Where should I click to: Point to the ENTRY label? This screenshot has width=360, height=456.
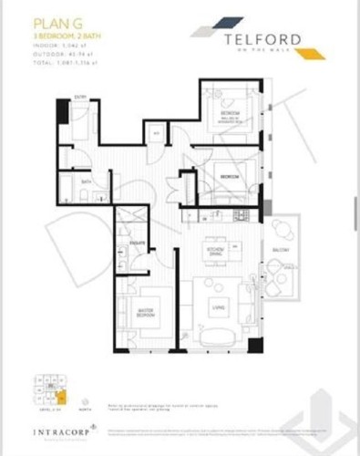click(x=80, y=97)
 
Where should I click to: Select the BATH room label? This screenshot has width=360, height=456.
click(x=86, y=181)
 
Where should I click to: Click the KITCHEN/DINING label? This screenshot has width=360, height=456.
click(x=215, y=250)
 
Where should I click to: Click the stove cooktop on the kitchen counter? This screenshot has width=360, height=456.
click(x=239, y=216)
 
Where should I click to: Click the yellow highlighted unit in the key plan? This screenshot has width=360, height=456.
click(x=60, y=397)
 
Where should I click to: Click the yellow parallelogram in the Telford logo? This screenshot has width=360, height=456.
click(x=314, y=54)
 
